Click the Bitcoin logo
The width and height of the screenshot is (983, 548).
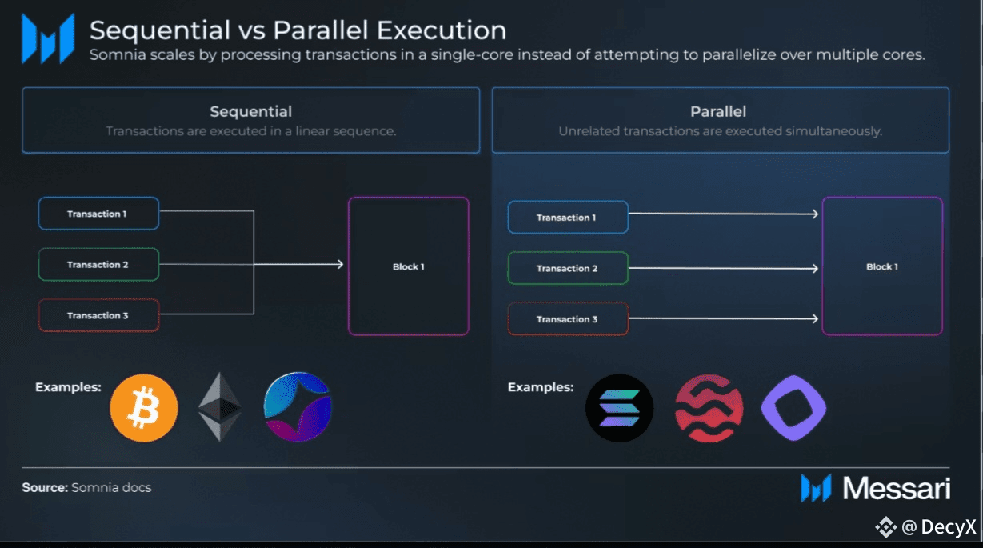coord(144,408)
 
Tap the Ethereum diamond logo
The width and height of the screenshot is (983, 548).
coord(219,406)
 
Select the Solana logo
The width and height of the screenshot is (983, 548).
coord(619,408)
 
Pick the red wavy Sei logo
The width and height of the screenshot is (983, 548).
coord(709,408)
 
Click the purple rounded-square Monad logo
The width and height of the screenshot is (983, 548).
coord(793,408)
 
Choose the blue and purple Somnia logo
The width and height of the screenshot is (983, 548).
coord(298,406)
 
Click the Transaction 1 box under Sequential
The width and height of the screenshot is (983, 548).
coord(98,214)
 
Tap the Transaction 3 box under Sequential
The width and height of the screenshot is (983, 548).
coord(98,315)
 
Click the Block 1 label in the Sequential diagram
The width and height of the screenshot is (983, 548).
coord(408,266)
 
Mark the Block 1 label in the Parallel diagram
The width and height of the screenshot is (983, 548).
coord(882,266)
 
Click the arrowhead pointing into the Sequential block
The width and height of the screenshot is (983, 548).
coord(340,264)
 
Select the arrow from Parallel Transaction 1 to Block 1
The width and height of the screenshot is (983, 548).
coord(724,214)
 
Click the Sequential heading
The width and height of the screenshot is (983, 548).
coord(250,111)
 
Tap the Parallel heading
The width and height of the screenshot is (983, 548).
coord(718,111)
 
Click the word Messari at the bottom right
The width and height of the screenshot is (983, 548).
coord(897,488)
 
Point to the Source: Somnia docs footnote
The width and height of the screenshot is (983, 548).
coord(86,487)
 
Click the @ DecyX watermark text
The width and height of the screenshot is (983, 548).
coord(939,526)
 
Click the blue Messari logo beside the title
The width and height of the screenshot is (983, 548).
coord(48,38)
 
